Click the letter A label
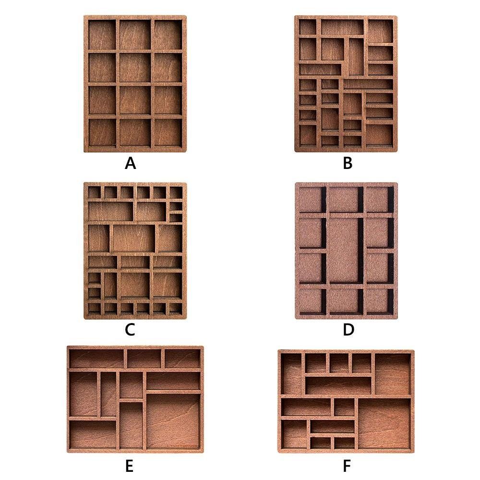[130, 163]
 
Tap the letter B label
[348, 163]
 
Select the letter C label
[130, 330]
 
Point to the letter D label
[348, 330]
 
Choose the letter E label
[129, 466]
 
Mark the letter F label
[347, 466]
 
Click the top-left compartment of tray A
[102, 35]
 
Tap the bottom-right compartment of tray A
[168, 132]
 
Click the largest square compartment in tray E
[173, 421]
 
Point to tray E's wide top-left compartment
[97, 359]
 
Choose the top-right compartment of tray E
[183, 359]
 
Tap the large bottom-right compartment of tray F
[384, 424]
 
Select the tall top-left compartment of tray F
[291, 374]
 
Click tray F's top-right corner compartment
[393, 374]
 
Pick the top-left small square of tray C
[95, 192]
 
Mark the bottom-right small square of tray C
[176, 309]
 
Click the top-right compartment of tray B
[380, 31]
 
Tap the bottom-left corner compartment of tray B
[308, 136]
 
